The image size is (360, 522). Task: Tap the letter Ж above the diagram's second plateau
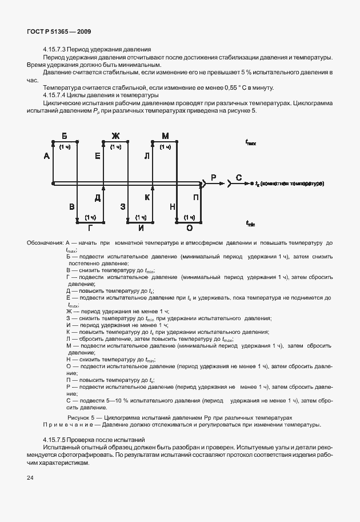click(115, 136)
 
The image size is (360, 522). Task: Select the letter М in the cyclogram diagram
click(166, 136)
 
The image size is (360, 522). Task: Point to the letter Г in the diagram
click(90, 227)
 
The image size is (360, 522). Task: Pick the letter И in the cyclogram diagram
click(140, 227)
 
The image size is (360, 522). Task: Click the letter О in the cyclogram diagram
click(190, 227)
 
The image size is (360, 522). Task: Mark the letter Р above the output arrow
click(213, 178)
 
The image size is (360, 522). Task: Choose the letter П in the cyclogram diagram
click(196, 198)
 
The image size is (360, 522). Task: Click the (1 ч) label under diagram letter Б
click(65, 148)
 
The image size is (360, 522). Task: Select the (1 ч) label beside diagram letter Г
click(90, 217)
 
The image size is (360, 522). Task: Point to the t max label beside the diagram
click(250, 143)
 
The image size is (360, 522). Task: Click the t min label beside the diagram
click(250, 223)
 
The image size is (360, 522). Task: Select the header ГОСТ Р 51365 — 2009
click(58, 32)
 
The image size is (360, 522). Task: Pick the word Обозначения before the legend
click(45, 243)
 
